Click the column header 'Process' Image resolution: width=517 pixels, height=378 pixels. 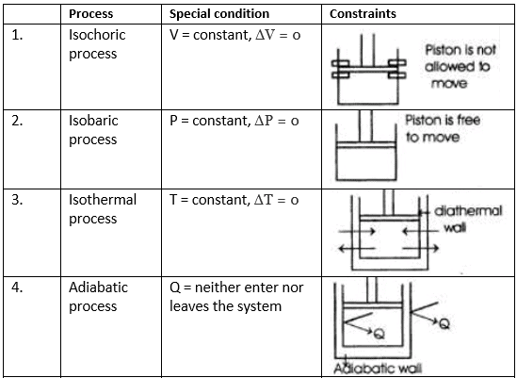coord(91,14)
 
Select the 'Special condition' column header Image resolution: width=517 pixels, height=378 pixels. coord(218,14)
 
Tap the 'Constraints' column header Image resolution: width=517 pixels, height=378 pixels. coord(363,14)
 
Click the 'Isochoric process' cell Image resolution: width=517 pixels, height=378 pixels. coord(97,44)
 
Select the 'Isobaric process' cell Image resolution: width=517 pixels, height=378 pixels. coord(93,130)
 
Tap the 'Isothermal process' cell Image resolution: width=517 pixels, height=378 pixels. coord(102,209)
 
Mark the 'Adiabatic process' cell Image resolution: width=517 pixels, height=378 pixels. coord(98,297)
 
